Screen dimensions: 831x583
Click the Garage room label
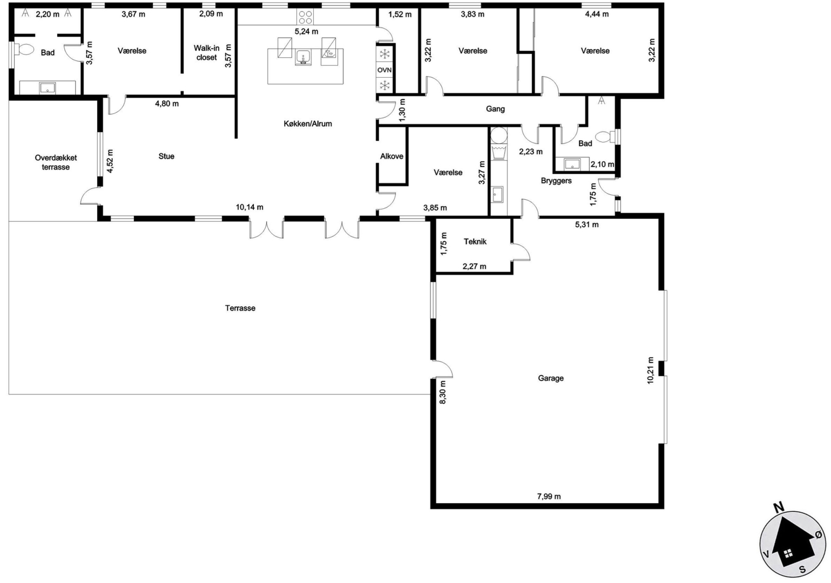tap(551, 378)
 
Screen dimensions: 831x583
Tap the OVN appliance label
tap(384, 70)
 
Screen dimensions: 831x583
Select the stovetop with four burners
tap(305, 17)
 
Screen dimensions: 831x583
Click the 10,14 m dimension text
tap(249, 207)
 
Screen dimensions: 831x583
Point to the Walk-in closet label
tap(207, 53)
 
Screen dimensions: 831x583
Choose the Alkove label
tap(391, 156)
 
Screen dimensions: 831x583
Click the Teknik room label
tap(475, 241)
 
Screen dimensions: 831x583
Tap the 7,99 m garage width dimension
tap(549, 496)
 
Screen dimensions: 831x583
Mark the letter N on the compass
tap(779, 507)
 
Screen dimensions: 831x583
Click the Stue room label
tap(166, 156)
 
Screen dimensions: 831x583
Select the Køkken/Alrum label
tap(308, 124)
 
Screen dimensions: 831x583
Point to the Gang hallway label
tap(495, 109)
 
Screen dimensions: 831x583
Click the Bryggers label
tap(556, 181)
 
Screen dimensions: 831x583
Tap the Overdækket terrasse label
tap(56, 162)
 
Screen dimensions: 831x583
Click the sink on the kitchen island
tap(303, 58)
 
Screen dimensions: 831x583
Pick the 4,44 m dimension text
tap(597, 14)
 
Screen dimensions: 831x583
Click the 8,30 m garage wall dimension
tap(443, 392)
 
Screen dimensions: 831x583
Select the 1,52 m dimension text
tap(400, 15)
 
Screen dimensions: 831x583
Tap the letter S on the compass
tap(802, 570)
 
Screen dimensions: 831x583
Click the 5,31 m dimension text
tap(586, 225)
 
